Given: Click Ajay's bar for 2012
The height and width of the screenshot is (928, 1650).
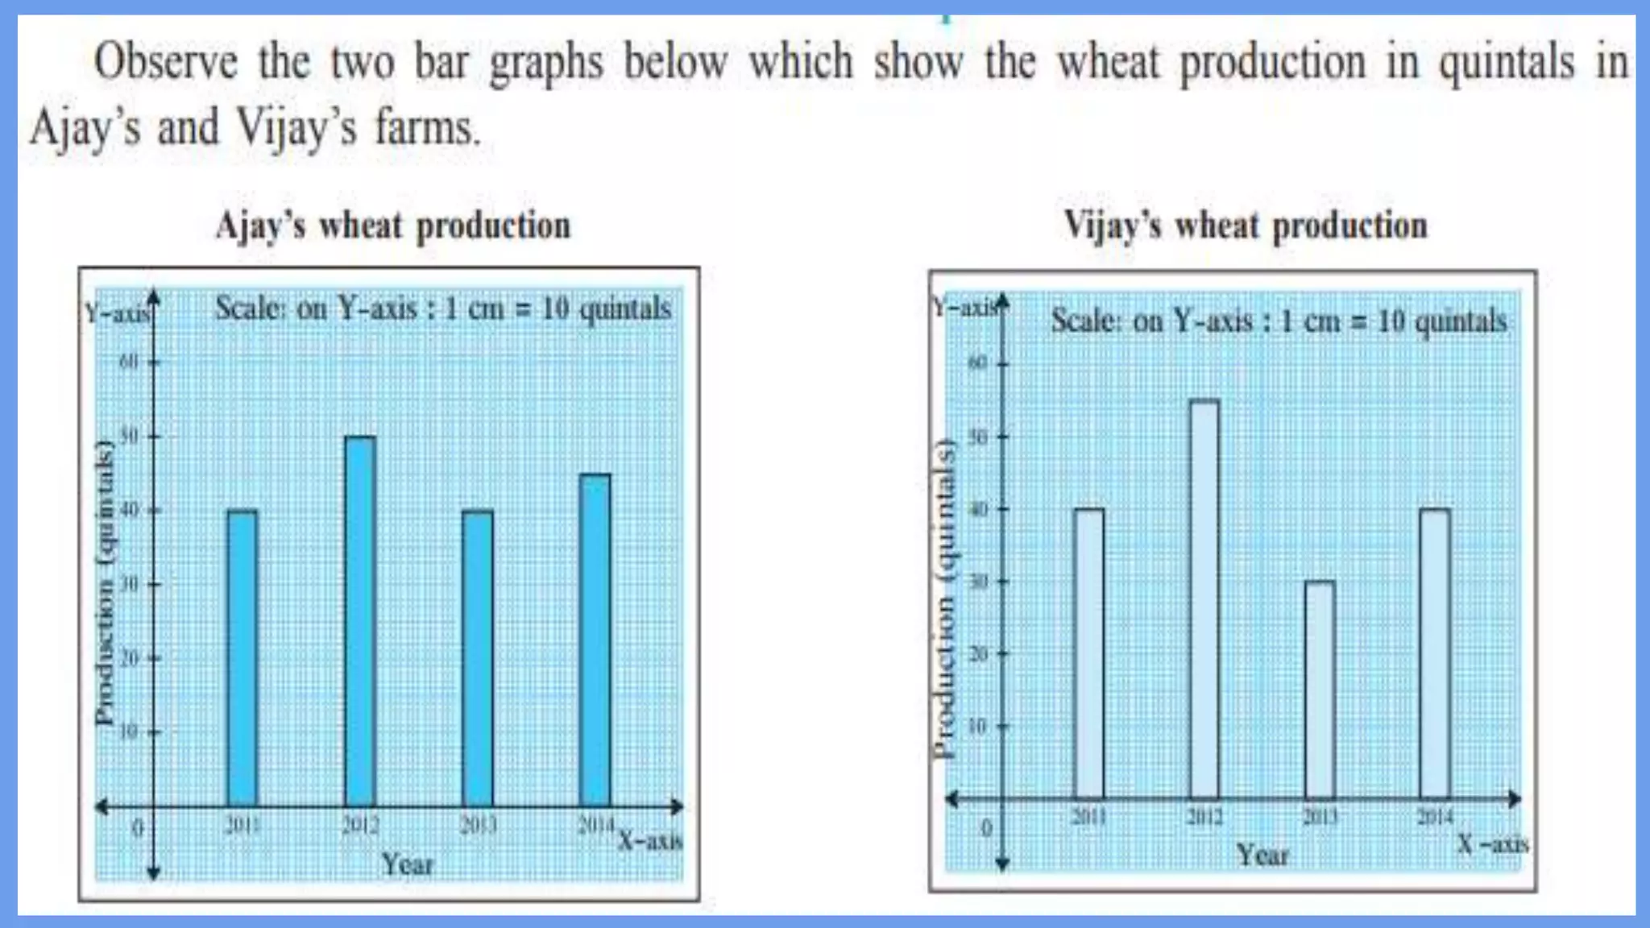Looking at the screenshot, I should pyautogui.click(x=360, y=620).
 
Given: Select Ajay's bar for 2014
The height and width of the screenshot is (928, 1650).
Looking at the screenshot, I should pyautogui.click(x=595, y=640).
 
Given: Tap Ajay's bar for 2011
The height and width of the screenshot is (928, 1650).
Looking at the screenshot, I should pyautogui.click(x=243, y=657).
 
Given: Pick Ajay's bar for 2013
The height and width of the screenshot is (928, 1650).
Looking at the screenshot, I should pyautogui.click(x=478, y=657).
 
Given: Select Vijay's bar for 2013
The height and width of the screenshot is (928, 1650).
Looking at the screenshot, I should pyautogui.click(x=1320, y=690).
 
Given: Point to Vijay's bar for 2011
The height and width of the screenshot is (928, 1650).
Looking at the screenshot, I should pyautogui.click(x=1089, y=653).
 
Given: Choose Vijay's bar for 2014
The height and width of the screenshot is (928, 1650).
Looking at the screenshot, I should pyautogui.click(x=1435, y=653).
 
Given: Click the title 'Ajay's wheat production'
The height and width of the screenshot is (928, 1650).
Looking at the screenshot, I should pyautogui.click(x=393, y=226).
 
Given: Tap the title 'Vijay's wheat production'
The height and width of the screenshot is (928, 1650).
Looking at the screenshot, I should pyautogui.click(x=1246, y=226).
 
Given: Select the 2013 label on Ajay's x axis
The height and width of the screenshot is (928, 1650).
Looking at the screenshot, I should pyautogui.click(x=478, y=825).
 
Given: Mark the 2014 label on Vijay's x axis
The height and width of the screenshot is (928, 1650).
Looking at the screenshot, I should pyautogui.click(x=1435, y=818).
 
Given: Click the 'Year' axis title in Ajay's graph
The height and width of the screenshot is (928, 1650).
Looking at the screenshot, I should pyautogui.click(x=407, y=864).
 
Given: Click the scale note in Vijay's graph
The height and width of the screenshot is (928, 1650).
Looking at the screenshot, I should pyautogui.click(x=1279, y=321).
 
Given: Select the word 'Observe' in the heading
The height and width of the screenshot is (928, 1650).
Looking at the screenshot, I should pyautogui.click(x=166, y=63).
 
